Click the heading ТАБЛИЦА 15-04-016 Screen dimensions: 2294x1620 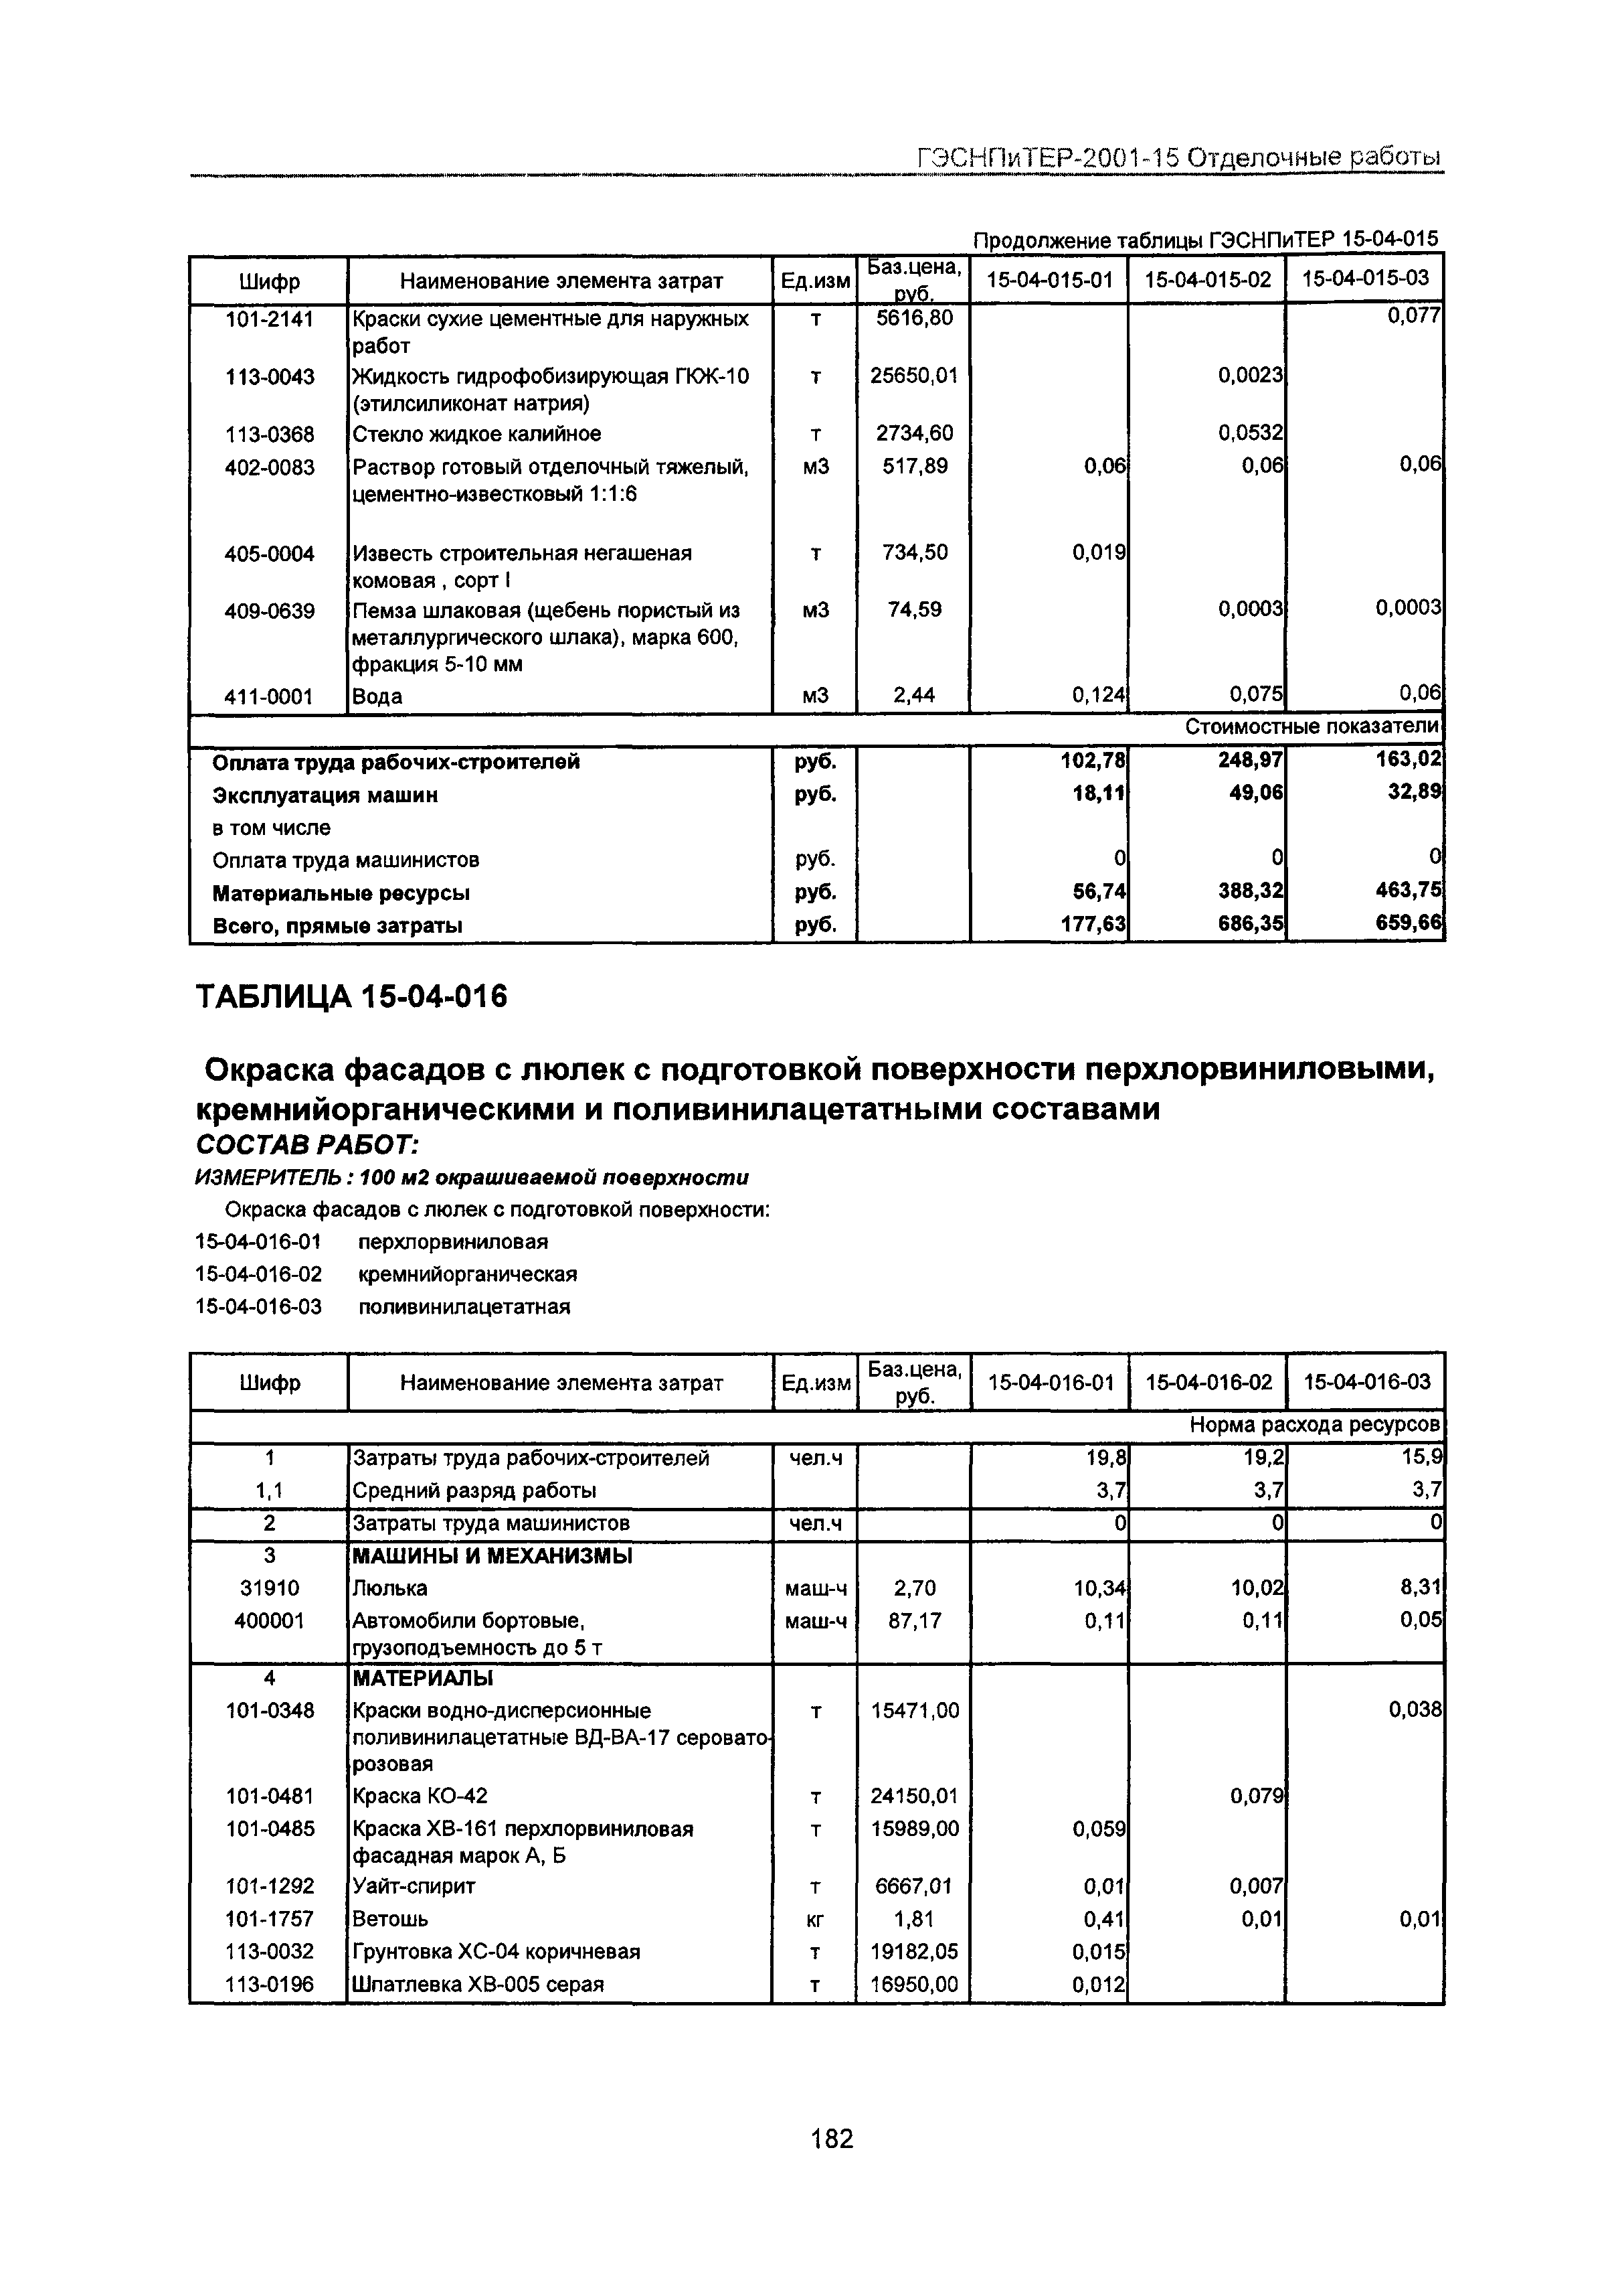coord(351,997)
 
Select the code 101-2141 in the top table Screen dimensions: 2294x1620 coord(269,319)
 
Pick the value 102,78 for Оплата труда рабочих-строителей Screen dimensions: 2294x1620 coord(1093,761)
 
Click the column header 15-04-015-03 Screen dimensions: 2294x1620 coord(1364,279)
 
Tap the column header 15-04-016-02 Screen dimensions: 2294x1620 coord(1208,1383)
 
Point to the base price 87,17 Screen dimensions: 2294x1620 coord(914,1620)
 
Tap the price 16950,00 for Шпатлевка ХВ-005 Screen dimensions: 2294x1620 coord(914,1984)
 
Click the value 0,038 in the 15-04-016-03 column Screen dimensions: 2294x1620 coord(1415,1711)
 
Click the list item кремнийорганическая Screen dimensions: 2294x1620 coord(466,1275)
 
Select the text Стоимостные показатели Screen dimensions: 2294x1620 coord(1312,727)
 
